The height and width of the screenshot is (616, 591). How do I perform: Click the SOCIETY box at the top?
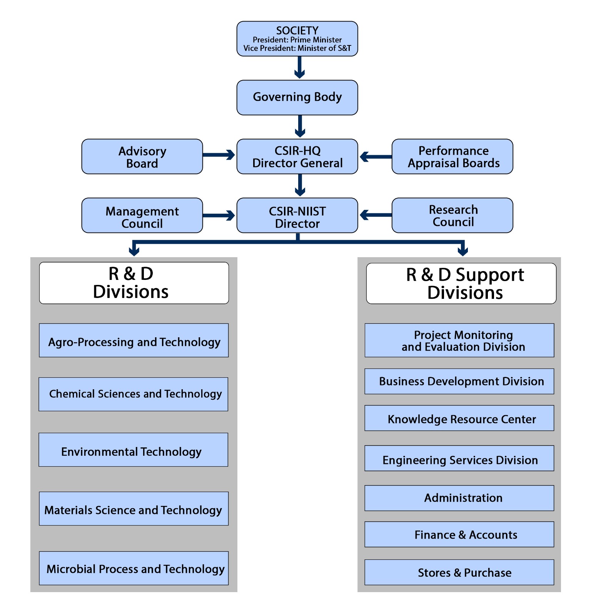[297, 38]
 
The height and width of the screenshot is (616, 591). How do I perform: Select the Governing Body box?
[297, 97]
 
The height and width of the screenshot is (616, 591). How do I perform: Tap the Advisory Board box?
[142, 157]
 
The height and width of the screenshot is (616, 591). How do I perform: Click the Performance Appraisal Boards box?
[452, 157]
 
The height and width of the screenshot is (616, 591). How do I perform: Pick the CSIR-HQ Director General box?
[297, 157]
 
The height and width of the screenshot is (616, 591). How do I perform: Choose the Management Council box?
[142, 216]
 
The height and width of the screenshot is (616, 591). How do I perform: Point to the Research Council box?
[452, 216]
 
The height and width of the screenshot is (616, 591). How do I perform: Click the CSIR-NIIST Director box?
[297, 216]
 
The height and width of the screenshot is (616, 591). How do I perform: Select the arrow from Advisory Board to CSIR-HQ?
[219, 155]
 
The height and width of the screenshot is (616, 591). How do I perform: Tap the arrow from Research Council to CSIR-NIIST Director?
[375, 215]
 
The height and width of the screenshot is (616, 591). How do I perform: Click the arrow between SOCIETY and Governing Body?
[299, 67]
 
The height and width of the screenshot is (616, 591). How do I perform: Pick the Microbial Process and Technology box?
[134, 568]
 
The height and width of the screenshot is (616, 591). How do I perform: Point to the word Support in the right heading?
[489, 275]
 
